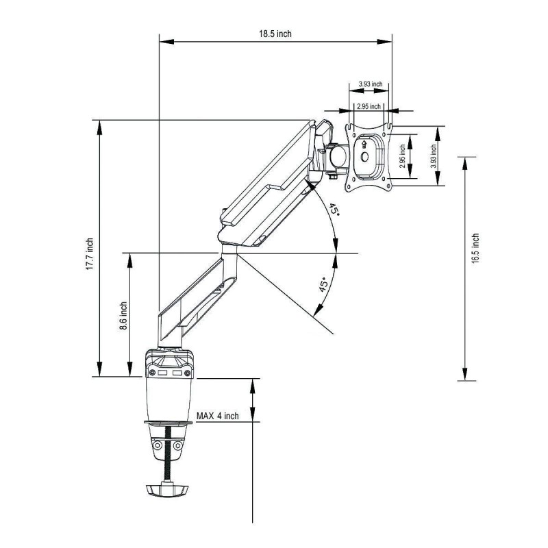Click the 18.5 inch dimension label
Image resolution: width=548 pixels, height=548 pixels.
(275, 34)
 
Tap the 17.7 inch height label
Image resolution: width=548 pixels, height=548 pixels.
(90, 254)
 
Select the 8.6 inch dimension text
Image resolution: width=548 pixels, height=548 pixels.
(123, 316)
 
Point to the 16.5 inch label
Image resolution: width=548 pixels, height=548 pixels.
(475, 248)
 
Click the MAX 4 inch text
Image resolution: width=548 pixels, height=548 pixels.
(218, 416)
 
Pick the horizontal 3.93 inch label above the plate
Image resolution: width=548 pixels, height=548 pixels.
(371, 84)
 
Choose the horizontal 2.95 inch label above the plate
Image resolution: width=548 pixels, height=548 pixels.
(369, 106)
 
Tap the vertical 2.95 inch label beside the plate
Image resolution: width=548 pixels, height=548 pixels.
(402, 156)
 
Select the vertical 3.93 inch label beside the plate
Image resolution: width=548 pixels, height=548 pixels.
(434, 156)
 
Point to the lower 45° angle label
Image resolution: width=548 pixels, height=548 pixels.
(324, 284)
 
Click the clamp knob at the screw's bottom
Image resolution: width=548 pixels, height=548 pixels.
(167, 489)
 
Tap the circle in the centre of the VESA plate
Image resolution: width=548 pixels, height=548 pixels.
(364, 157)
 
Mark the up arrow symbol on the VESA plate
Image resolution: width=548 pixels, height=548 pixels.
(364, 144)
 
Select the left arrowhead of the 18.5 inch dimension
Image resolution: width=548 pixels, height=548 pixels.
(166, 42)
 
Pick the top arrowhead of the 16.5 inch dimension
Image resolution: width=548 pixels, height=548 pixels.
(465, 164)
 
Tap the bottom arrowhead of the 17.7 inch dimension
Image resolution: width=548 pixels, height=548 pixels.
(99, 369)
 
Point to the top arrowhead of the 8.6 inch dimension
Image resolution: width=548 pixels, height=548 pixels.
(130, 260)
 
